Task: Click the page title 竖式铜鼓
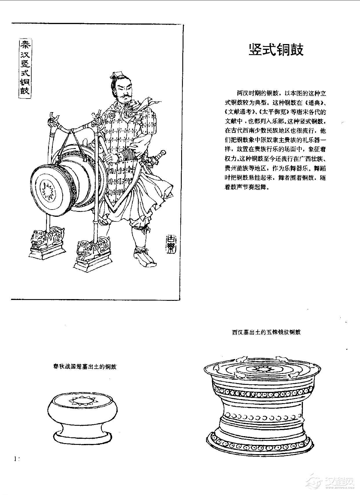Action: pyautogui.click(x=276, y=50)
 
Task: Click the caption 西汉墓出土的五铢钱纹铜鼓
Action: pyautogui.click(x=266, y=332)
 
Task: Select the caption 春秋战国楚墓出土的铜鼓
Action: pyautogui.click(x=85, y=367)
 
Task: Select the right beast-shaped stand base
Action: pyautogui.click(x=92, y=254)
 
